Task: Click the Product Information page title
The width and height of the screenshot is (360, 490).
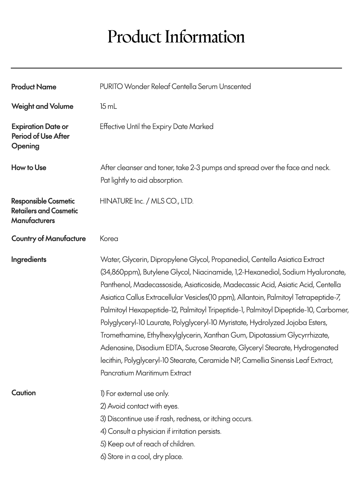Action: point(176,37)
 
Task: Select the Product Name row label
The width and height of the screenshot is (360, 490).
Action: point(34,87)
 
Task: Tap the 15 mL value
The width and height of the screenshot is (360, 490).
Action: point(108,106)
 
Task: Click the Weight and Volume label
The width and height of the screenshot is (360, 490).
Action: point(42,106)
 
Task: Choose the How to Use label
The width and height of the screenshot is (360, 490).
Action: point(29,168)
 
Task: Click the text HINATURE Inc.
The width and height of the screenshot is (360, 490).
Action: point(122,201)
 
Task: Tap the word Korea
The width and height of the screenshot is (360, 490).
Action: point(109,239)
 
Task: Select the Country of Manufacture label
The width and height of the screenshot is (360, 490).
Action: point(49,239)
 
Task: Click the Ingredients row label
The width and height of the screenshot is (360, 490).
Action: point(29,259)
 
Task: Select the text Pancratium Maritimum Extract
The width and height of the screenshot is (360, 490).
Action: point(146,373)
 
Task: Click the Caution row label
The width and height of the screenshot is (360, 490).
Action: point(23,393)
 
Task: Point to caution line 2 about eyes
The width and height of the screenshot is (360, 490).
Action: point(140,406)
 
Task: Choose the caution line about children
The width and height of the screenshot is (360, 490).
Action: point(148,444)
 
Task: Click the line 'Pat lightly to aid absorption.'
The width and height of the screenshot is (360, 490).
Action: point(142,180)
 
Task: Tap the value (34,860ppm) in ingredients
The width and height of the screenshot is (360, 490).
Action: point(120,272)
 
